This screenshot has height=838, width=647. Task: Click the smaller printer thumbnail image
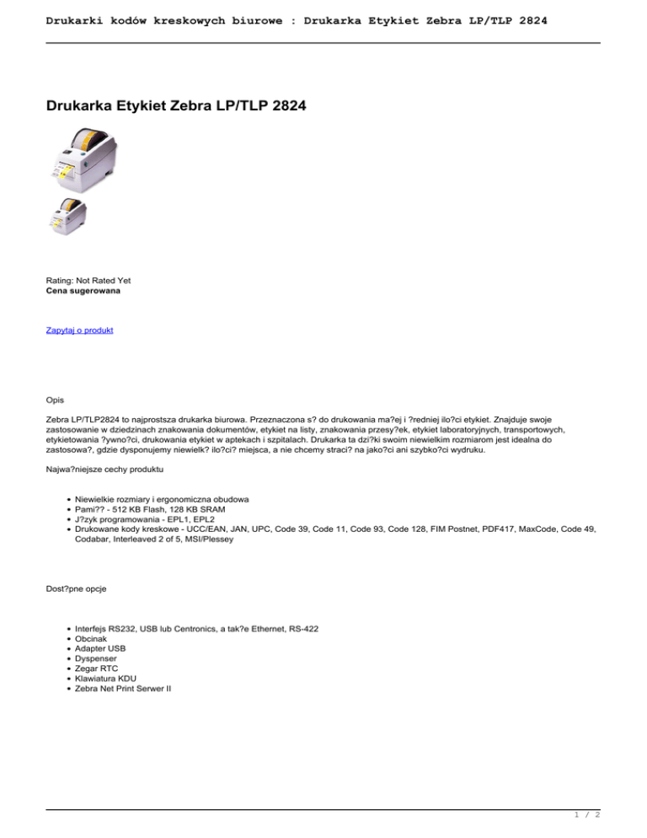pos(66,218)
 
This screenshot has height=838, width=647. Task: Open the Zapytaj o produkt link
pos(79,330)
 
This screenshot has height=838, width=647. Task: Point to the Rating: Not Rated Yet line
pos(88,280)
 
